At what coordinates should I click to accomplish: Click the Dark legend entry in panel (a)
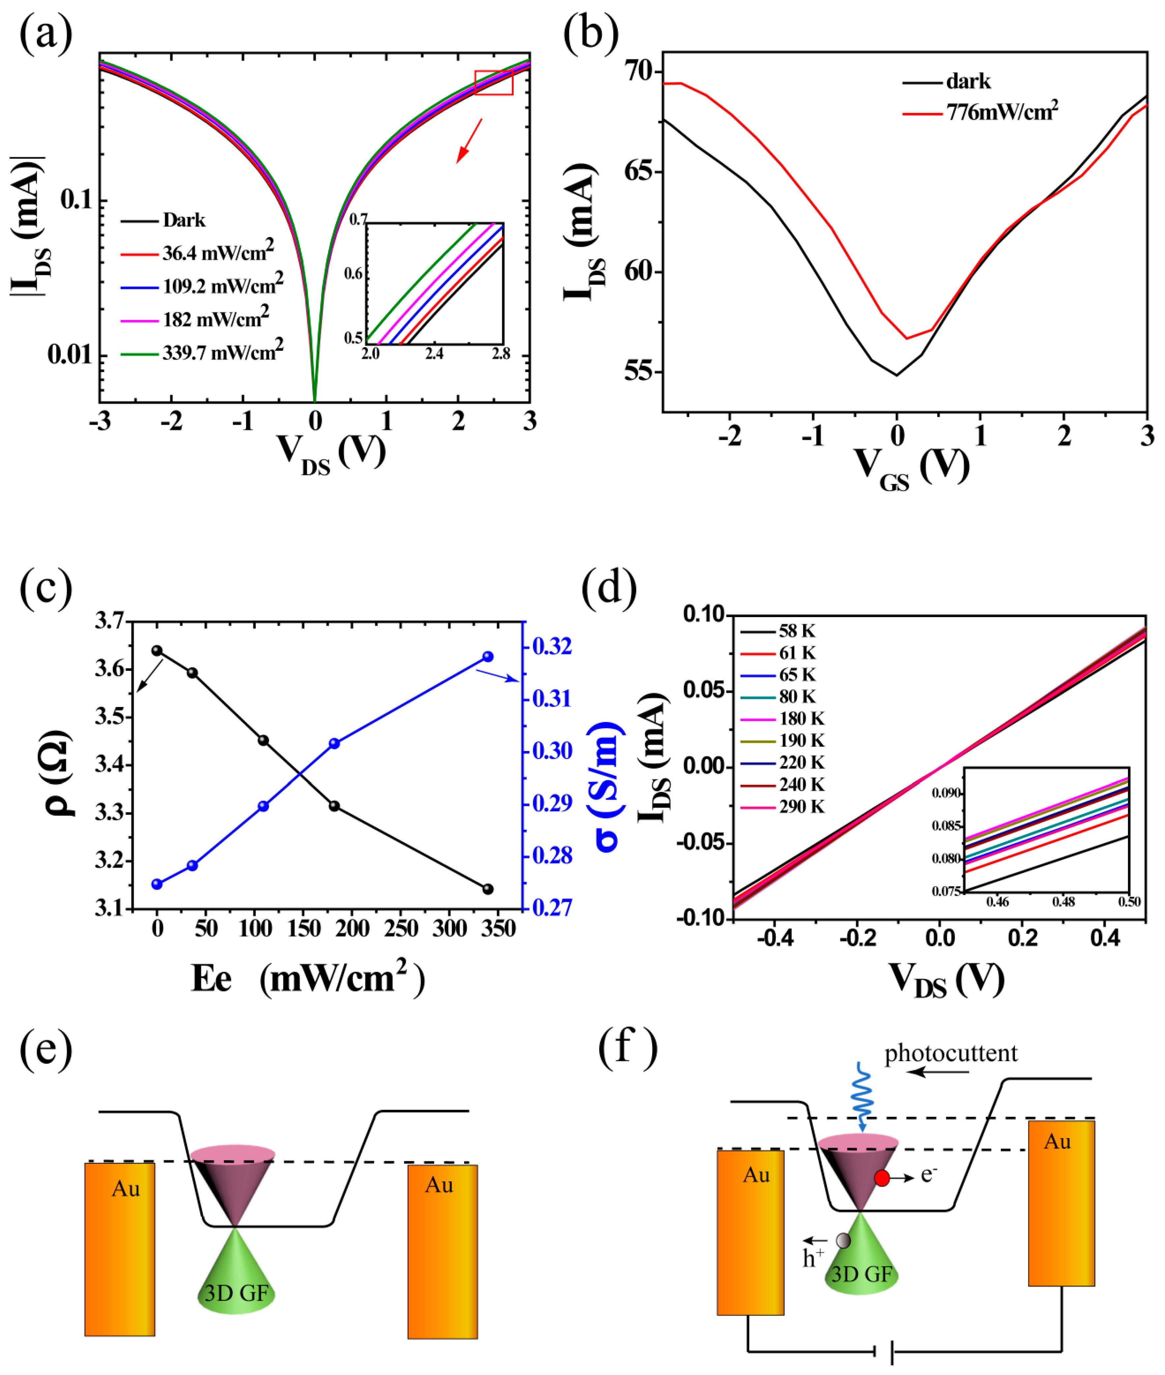[x=184, y=220]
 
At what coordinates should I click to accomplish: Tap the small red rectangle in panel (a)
[x=493, y=82]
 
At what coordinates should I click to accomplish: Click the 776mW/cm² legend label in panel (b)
[x=1001, y=112]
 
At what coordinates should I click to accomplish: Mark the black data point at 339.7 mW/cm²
[x=488, y=889]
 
